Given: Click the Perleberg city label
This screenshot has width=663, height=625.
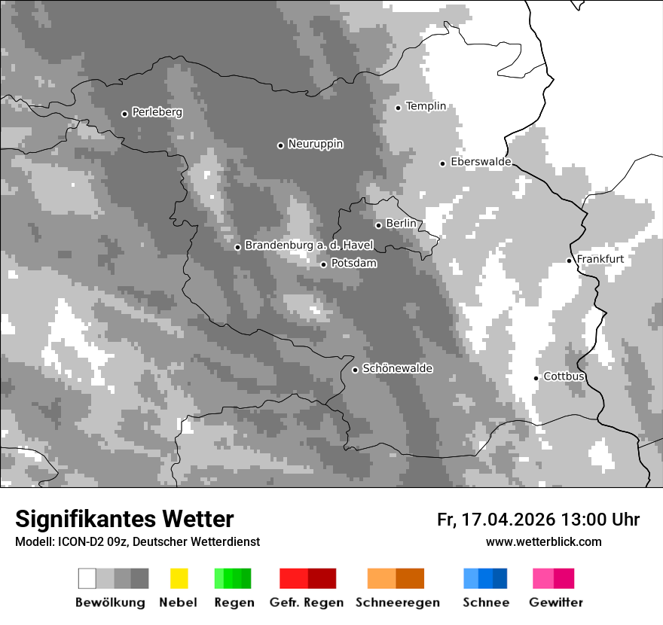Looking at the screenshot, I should coord(157,112).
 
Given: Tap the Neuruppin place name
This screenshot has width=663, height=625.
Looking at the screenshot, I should coord(315,144).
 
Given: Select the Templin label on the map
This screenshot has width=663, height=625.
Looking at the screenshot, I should coord(426,106).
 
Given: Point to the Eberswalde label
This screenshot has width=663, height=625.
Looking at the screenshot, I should coord(481,162).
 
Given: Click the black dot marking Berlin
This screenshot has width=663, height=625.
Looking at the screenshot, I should coord(378,224).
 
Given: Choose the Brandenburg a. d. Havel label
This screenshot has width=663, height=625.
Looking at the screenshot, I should coord(309,245).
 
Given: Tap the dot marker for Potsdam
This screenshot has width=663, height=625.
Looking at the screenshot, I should coord(323,264).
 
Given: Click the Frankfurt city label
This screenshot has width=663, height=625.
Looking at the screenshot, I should coord(600,259).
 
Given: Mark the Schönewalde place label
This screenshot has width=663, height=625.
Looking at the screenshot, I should coord(397,368).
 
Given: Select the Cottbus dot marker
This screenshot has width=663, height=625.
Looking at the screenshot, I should coord(536,378).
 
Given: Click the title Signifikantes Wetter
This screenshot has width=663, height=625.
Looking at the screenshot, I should coord(124,519).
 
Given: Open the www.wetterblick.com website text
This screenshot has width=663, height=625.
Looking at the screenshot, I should coord(543,541).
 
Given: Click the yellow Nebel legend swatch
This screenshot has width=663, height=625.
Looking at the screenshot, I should coord(179,578).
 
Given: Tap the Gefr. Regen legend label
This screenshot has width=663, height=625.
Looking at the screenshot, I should coord(307,602).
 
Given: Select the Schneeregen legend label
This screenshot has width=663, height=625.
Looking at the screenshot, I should coord(397,602).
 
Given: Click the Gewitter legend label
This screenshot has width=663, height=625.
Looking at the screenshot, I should coord(555,602).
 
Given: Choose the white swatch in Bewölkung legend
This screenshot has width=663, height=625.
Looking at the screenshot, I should coord(87,578).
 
